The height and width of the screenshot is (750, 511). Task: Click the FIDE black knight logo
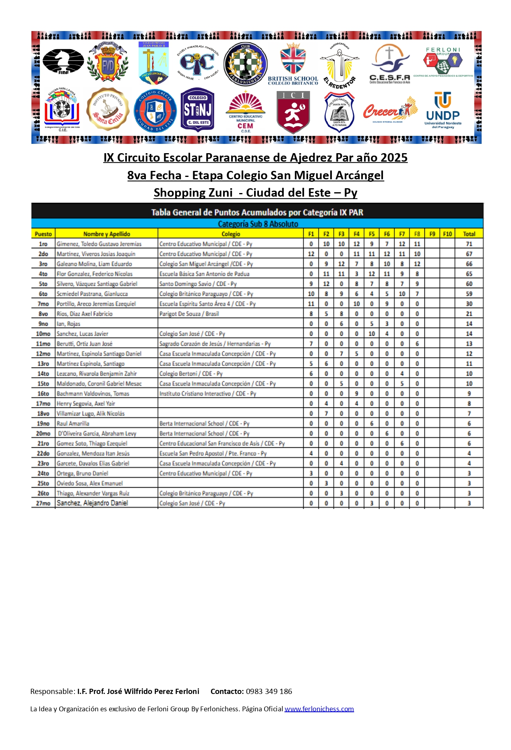point(63,61)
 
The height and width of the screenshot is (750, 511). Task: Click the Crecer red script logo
point(389,110)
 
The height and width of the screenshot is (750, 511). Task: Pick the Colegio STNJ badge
point(197,110)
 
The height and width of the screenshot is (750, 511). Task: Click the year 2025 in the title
point(393,158)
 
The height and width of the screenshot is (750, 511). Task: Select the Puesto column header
point(43,234)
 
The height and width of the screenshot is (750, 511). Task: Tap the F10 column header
point(447,234)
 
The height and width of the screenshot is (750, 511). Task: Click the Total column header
point(469,234)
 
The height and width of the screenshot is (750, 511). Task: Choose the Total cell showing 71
point(469,244)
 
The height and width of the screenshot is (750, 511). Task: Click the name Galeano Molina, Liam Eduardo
point(94,264)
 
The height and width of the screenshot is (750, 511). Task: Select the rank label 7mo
point(43,304)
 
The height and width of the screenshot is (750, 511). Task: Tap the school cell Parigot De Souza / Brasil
point(189,314)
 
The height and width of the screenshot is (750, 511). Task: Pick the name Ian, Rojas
point(68,324)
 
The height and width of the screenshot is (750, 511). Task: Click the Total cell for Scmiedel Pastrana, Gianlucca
point(469,294)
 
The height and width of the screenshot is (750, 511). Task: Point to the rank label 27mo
point(43,503)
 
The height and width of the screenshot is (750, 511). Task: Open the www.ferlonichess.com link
point(319,708)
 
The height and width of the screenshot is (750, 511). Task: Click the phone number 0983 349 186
point(269,691)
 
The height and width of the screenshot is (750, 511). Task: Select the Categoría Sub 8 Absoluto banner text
point(258,224)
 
